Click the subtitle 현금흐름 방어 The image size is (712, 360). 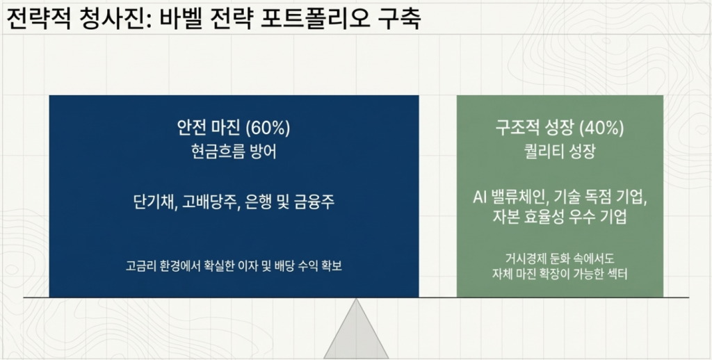pos(234,152)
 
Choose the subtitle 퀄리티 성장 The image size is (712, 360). pos(560,152)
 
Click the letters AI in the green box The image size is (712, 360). pos(480,197)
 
